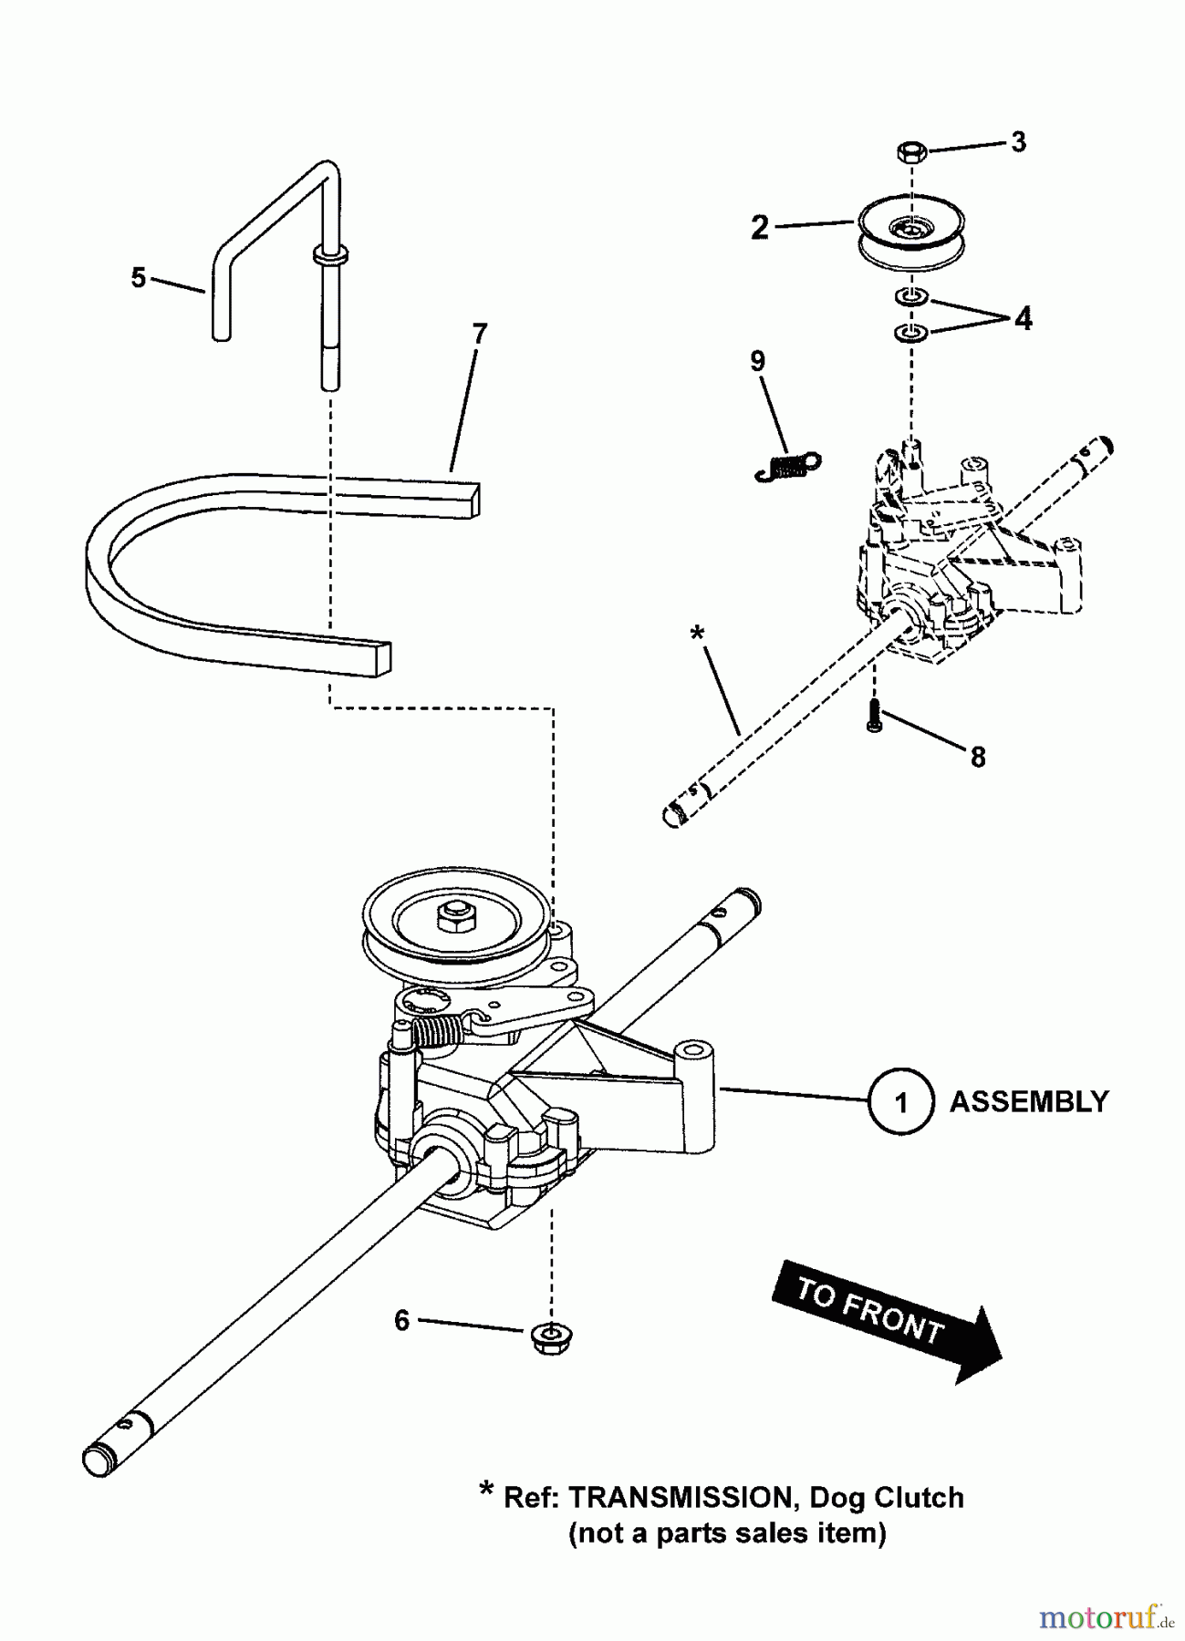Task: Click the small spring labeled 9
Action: (x=788, y=466)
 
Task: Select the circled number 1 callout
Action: (x=901, y=1102)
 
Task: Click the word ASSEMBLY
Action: (x=1028, y=1101)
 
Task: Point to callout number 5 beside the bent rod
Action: (x=138, y=277)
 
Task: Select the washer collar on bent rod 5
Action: (x=328, y=256)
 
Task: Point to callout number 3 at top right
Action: (x=1018, y=141)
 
